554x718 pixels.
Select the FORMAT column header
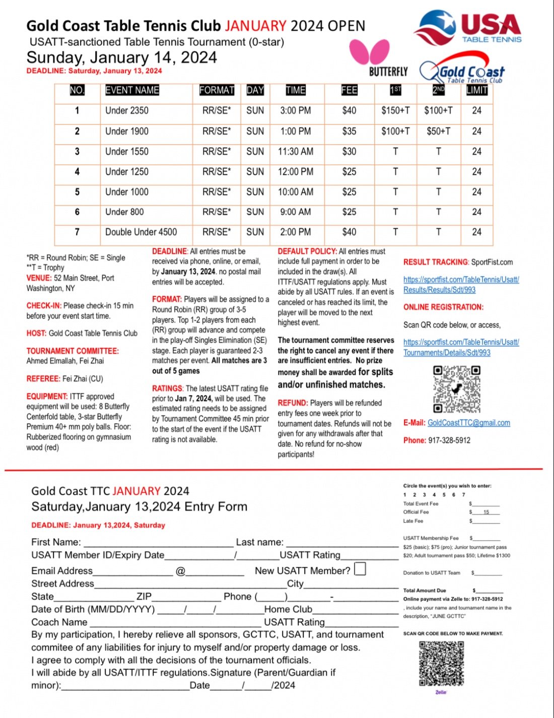coord(217,90)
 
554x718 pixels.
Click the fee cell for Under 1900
coord(349,131)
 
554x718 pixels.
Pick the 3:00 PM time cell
coord(295,110)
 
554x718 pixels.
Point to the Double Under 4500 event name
coord(141,232)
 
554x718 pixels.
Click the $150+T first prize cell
coord(395,110)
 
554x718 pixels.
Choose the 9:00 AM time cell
coord(295,212)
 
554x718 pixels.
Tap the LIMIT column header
coord(476,90)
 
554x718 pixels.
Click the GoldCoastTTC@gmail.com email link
coord(468,423)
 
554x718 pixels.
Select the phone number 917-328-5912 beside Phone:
coord(449,440)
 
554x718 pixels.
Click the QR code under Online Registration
coord(456,388)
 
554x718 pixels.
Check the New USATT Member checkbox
coord(360,569)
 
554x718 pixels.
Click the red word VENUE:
coord(39,278)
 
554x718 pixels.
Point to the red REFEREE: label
coord(43,378)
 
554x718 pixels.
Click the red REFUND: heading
coord(293,403)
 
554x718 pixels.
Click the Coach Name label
coord(59,622)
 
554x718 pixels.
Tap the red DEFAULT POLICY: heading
coord(307,251)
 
